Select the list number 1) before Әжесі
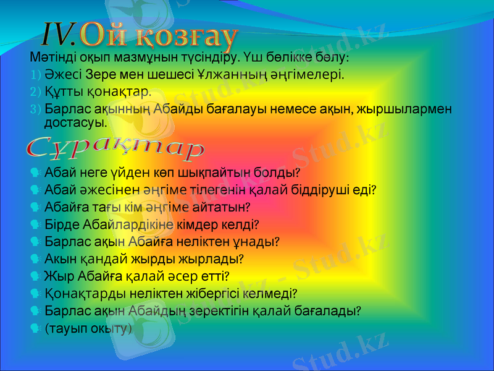tap(35, 75)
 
